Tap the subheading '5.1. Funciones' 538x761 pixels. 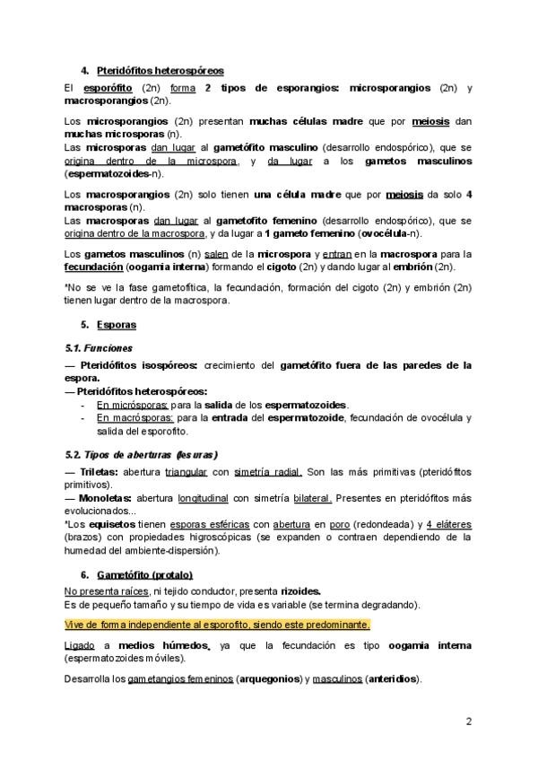pyautogui.click(x=99, y=347)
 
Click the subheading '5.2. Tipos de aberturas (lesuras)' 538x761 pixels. pyautogui.click(x=142, y=454)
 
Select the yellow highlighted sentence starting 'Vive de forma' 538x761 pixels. pyautogui.click(x=217, y=625)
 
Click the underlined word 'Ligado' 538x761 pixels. pyautogui.click(x=80, y=645)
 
